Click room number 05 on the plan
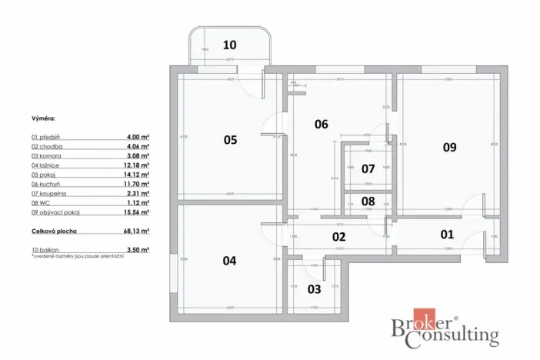(x=230, y=140)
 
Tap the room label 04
(x=229, y=261)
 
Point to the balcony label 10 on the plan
(x=230, y=45)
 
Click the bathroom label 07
(x=368, y=168)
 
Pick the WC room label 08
(x=368, y=202)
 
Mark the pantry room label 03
(x=314, y=289)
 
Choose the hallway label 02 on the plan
(x=339, y=238)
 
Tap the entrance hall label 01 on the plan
(x=447, y=234)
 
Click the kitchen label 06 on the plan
(x=322, y=124)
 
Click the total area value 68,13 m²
(x=138, y=230)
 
